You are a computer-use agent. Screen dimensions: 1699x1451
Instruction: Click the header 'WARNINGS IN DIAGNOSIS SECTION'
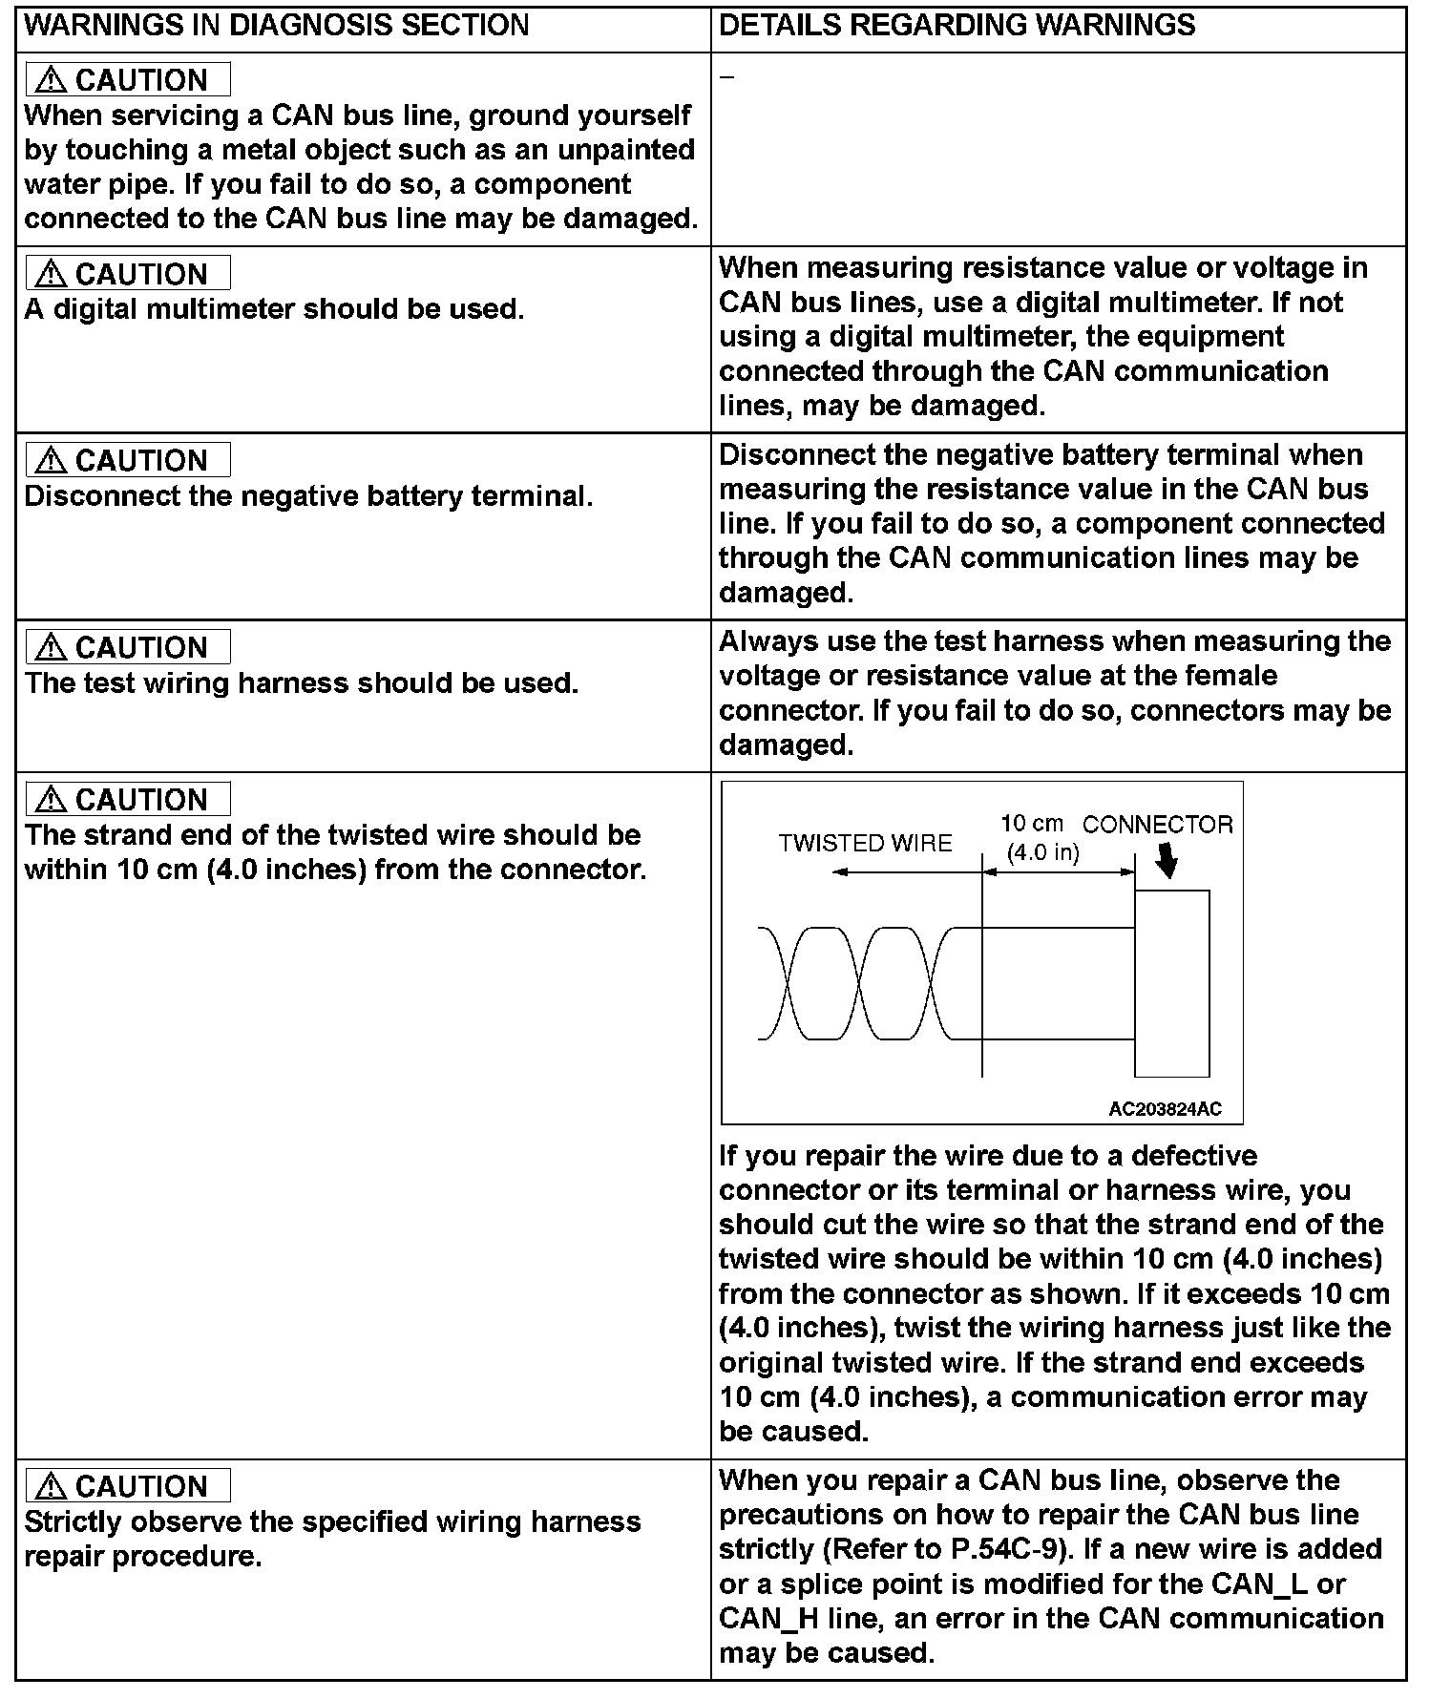coord(276,26)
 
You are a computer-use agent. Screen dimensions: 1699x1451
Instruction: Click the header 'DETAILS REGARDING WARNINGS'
coord(957,26)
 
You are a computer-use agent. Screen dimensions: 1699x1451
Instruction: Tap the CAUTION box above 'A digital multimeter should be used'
coord(128,274)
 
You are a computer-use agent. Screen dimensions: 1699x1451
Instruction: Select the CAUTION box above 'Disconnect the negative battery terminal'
coord(128,460)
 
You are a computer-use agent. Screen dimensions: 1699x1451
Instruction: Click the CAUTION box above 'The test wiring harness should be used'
coord(128,647)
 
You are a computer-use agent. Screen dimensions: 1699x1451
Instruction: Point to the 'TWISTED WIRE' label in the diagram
coord(865,844)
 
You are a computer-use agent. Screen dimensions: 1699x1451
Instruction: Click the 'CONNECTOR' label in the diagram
coord(1158,825)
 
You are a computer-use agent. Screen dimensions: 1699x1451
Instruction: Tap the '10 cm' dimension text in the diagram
coord(1031,824)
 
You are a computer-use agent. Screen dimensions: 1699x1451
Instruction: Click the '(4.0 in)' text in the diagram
coord(1042,852)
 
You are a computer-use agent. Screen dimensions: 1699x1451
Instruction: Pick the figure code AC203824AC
coord(1165,1109)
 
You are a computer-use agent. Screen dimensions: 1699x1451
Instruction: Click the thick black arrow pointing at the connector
coord(1166,862)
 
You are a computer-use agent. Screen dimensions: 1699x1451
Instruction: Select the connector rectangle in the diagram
coord(1172,983)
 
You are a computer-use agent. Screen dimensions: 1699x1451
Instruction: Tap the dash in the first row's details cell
coord(726,77)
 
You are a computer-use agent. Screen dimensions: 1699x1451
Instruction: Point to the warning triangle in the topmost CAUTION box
coord(50,80)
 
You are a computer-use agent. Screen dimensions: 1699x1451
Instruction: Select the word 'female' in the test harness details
coord(1230,676)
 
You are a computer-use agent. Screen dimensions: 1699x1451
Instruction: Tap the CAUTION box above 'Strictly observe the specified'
coord(128,1486)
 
